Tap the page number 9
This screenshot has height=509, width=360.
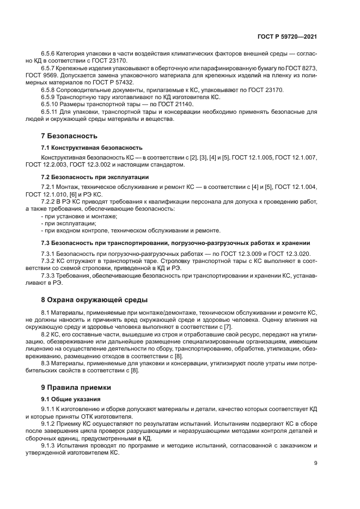(316, 463)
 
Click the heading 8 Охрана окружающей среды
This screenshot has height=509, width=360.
(94, 299)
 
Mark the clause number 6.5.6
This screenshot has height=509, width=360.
(50, 53)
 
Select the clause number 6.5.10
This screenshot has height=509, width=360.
(51, 104)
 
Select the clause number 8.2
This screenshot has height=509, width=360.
(47, 333)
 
